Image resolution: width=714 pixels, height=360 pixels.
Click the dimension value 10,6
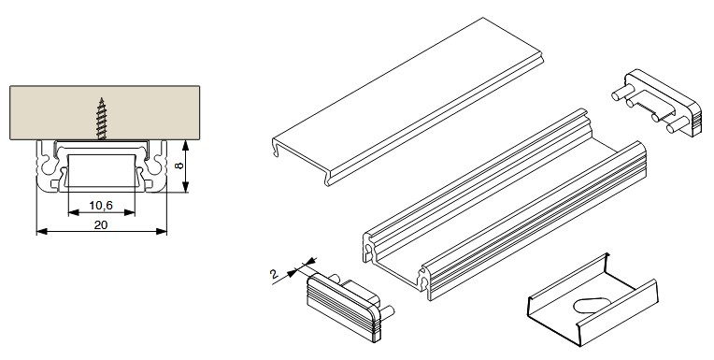pos(101,206)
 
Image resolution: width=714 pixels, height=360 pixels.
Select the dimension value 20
pos(101,224)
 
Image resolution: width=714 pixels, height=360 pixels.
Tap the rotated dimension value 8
pos(179,165)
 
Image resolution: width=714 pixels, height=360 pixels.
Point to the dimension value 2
pos(274,274)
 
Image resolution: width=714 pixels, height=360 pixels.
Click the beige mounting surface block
pos(105,112)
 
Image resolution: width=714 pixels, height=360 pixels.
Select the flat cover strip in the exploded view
pos(407,102)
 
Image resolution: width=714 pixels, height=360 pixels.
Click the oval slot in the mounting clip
pos(592,306)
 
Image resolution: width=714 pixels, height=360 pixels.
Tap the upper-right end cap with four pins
pos(657,103)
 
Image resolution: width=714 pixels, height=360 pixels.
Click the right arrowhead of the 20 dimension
pos(162,232)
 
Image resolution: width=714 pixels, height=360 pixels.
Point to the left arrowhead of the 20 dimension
pos(42,232)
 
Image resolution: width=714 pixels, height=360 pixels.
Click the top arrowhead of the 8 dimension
pos(185,146)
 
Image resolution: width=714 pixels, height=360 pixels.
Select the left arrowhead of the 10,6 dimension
pos(73,212)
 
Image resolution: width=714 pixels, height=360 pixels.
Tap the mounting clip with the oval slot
pos(592,299)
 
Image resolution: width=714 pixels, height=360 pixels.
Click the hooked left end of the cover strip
pos(276,147)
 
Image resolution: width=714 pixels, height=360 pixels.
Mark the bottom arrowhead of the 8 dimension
pos(185,186)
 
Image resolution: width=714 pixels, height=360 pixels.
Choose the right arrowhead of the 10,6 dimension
pos(130,212)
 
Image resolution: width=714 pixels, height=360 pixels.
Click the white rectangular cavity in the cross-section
pos(102,170)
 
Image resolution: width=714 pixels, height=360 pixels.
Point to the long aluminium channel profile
pos(505,204)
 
